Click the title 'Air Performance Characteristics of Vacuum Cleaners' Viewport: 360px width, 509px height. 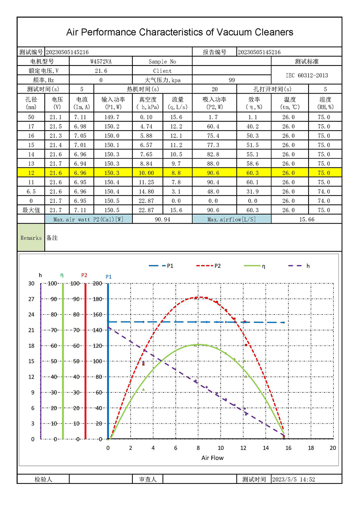(180, 32)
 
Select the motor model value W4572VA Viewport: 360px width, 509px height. (101, 62)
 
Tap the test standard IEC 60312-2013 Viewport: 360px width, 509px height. (307, 76)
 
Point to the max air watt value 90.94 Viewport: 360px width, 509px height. (162, 220)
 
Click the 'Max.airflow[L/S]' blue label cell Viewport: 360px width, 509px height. (231, 220)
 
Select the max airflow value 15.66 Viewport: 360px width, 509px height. (307, 220)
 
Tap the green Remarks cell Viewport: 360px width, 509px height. (31, 238)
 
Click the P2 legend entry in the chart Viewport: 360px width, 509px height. (209, 266)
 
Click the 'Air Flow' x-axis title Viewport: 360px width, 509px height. (212, 458)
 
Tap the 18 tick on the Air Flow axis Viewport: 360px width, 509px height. (311, 448)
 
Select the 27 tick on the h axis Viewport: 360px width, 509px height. (32, 299)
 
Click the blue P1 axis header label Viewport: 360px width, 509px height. (109, 277)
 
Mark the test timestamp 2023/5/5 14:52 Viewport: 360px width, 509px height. (293, 479)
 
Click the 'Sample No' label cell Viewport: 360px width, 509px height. (162, 62)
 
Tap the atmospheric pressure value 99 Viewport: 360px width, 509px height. (232, 80)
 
